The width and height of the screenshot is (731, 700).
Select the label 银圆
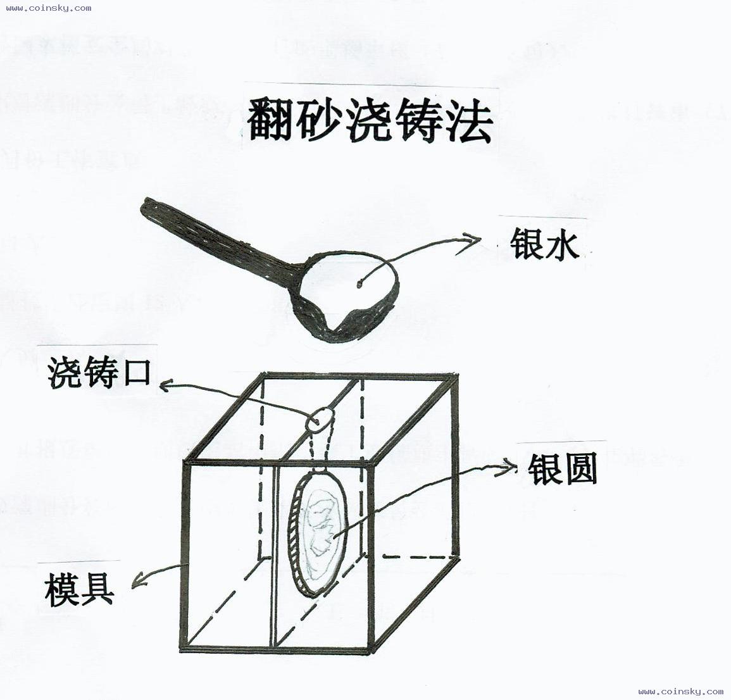[x=563, y=469]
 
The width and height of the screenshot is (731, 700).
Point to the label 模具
[x=79, y=589]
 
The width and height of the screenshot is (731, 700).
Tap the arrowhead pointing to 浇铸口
[x=165, y=384]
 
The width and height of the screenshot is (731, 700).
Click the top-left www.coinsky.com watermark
[x=49, y=8]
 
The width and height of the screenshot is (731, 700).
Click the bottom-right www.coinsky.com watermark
[x=680, y=692]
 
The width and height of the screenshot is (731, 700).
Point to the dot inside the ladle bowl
[x=359, y=284]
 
